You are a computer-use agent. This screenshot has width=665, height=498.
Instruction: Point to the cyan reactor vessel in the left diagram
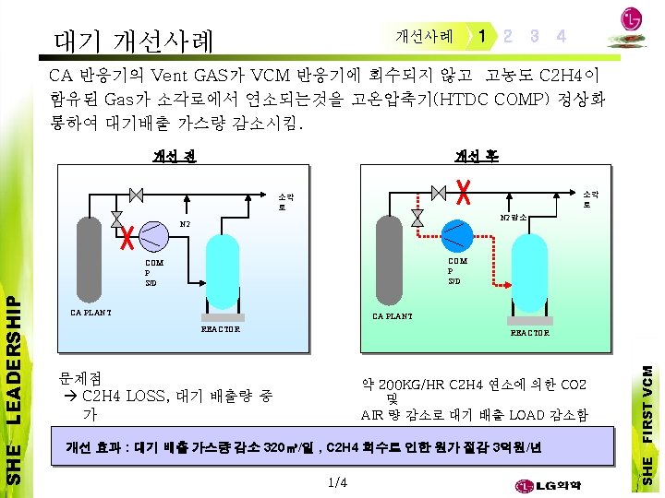220,276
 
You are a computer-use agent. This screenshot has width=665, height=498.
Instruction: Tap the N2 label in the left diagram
185,224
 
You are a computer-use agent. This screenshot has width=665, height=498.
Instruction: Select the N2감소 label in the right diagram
513,218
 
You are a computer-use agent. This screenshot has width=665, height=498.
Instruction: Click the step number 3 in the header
535,36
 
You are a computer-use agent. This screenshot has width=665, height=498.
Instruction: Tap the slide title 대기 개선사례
133,40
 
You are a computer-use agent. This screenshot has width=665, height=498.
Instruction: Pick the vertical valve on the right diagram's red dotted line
417,217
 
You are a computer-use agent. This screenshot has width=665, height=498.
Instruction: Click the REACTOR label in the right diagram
529,333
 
